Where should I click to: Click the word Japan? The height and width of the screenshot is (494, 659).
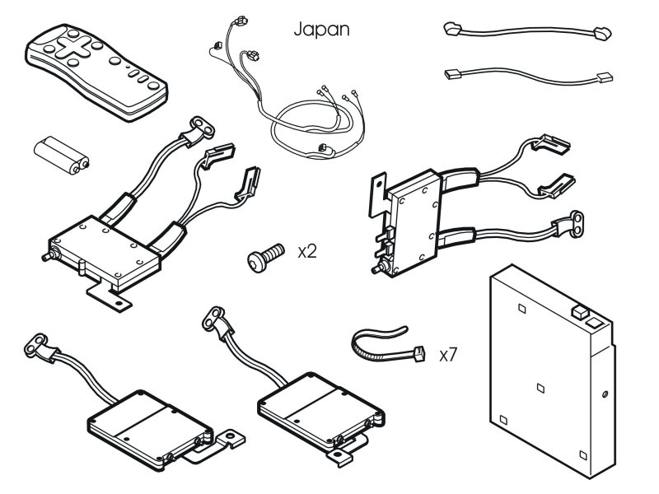[321, 30]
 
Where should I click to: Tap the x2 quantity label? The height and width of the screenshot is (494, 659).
[307, 252]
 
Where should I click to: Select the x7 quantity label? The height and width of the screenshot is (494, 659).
[448, 355]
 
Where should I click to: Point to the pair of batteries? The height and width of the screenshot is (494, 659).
[61, 155]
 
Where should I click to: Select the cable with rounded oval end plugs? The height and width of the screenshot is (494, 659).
[527, 31]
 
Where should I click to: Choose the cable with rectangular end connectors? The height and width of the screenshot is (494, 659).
[528, 75]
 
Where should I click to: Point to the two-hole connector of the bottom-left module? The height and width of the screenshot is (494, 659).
[36, 344]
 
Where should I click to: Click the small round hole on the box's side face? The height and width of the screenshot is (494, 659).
[605, 394]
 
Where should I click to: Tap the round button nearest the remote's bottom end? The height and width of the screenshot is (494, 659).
[153, 86]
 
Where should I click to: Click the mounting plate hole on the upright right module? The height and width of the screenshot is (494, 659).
[379, 183]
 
